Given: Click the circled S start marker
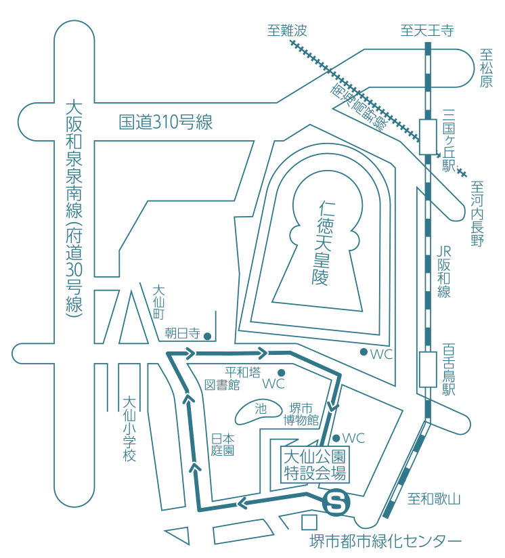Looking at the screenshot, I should point(336,502).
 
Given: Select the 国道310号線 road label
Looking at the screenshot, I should point(166,123).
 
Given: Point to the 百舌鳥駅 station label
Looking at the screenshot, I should point(448,370).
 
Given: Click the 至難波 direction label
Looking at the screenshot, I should point(287,30).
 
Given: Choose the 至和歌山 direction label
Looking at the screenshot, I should point(434,500).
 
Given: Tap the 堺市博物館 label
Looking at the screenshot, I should point(301,413).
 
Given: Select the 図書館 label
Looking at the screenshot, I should point(223,385).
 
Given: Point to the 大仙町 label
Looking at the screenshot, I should point(158,302).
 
